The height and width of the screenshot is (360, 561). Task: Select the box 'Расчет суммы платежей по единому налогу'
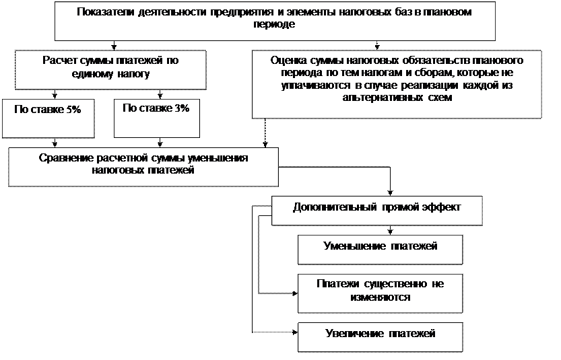click(110, 70)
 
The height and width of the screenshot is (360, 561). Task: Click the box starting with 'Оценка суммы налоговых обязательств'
click(397, 84)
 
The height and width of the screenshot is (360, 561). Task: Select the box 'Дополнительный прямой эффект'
click(377, 210)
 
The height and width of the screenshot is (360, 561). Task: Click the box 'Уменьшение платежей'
click(381, 249)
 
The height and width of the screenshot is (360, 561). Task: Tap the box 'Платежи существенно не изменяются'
click(381, 293)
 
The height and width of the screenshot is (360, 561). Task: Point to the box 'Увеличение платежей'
click(381, 336)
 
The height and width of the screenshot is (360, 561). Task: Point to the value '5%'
click(74, 110)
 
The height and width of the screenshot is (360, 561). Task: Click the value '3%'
click(181, 108)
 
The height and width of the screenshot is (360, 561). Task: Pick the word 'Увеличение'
click(354, 333)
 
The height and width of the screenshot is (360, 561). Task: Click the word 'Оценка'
click(284, 60)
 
